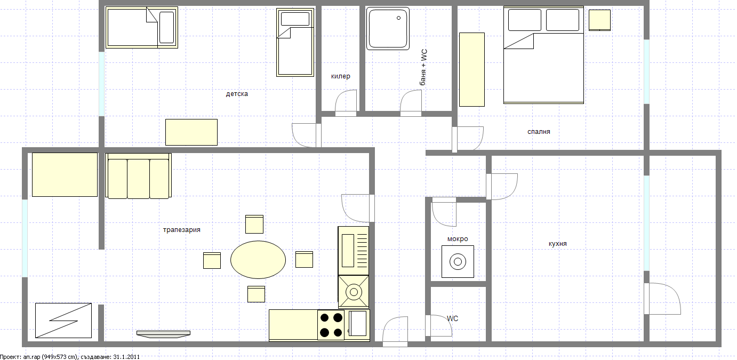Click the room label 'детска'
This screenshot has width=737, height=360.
coord(237,94)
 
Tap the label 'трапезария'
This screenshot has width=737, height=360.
coord(181,230)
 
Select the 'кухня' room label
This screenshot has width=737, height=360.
coord(557,244)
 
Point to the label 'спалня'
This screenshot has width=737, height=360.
coord(538,132)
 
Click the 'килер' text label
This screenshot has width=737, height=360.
coord(340,76)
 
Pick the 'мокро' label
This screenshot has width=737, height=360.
coord(458,239)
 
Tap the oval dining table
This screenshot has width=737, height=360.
coord(258,260)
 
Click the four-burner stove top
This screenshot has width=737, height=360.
coord(331,325)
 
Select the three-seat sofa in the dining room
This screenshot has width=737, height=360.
coord(138,177)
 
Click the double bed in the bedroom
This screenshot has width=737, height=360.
coord(543,55)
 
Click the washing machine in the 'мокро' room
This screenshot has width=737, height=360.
coord(458,261)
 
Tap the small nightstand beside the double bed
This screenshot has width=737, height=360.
coord(599,20)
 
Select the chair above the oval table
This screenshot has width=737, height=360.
coord(254,224)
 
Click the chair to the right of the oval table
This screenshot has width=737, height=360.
coord(304,259)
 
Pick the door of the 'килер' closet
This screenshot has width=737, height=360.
coord(346,102)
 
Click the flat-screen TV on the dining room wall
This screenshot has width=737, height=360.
coord(163,333)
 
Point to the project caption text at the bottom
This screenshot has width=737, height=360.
coord(70,356)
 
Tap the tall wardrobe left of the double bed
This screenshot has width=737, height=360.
coord(472,69)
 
